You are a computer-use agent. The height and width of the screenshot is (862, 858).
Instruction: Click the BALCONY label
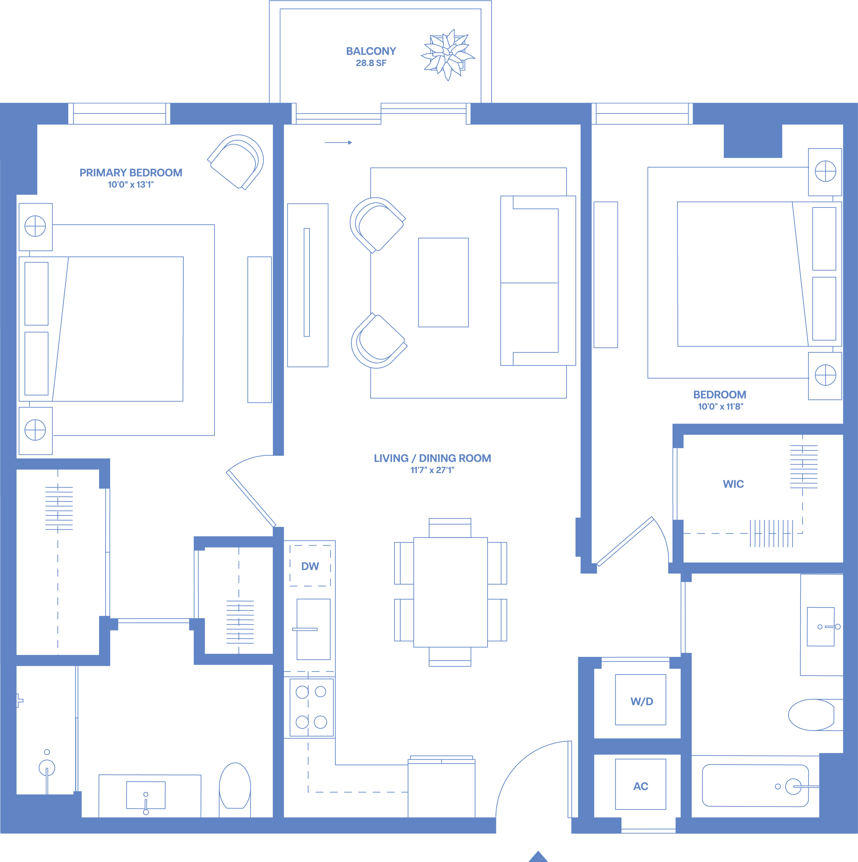click(371, 51)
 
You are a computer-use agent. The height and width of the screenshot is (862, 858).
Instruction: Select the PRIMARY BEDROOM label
click(131, 173)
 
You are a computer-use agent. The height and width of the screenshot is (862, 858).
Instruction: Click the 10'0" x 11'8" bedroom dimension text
click(720, 406)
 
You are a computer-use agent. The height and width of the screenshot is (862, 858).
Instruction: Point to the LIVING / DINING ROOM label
click(433, 458)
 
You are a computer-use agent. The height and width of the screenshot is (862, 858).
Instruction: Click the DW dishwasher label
click(310, 566)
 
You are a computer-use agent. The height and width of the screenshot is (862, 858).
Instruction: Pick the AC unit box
click(641, 784)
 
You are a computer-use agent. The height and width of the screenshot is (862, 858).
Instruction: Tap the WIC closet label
click(733, 484)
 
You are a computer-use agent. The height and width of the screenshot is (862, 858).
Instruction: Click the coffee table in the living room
click(443, 283)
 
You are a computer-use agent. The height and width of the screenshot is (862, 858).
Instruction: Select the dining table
click(450, 592)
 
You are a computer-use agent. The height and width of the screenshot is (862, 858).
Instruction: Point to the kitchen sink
click(313, 629)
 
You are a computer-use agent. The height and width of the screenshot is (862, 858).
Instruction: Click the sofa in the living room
click(538, 281)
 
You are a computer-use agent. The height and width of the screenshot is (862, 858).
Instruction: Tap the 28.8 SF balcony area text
click(371, 63)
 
